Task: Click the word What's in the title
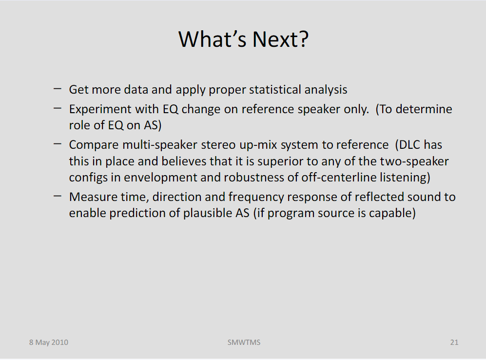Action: coord(213,39)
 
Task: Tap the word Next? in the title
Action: coord(280,39)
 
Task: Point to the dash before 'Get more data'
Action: coord(58,89)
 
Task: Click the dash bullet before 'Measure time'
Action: coord(58,196)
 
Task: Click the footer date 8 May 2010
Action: coord(49,342)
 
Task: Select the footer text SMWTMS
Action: coord(244,342)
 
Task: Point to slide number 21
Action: coord(454,342)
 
